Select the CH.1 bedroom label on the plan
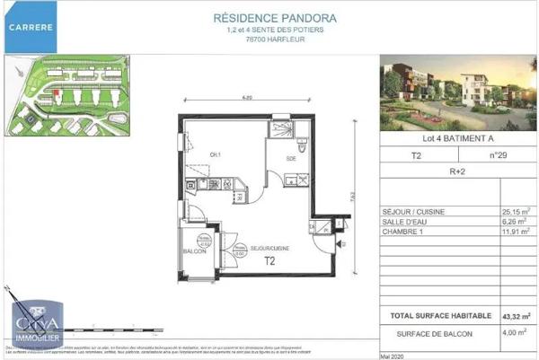tap(216, 154)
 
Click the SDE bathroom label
tap(292, 159)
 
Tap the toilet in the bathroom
tap(300, 147)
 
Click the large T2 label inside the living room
tap(269, 262)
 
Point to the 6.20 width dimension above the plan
tap(245, 96)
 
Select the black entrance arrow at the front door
tap(338, 242)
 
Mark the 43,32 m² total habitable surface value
tap(516, 315)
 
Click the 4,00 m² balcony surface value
tap(516, 334)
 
